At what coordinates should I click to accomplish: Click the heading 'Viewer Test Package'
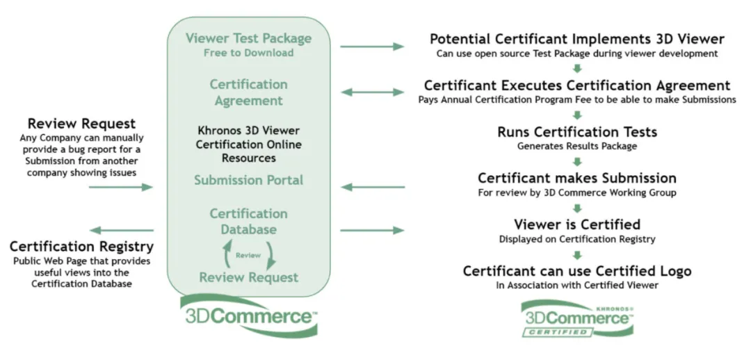248,38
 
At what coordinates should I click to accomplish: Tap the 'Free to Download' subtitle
248,53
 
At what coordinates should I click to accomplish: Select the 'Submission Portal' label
248,180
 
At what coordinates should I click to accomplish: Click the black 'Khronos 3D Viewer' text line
248,131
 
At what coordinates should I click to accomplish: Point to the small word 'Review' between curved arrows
248,255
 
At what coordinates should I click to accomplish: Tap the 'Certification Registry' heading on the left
81,247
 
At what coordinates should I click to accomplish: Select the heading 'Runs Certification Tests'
577,132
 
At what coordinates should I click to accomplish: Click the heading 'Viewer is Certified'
577,224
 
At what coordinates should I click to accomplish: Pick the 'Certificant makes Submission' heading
577,178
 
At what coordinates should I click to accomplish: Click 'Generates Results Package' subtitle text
577,147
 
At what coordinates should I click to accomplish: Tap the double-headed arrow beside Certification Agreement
372,92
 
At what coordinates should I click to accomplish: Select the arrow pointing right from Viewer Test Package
372,47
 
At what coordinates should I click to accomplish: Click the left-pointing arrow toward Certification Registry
122,230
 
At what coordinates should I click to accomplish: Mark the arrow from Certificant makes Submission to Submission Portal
372,187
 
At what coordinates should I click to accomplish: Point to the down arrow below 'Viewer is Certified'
577,255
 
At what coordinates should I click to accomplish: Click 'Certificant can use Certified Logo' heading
577,271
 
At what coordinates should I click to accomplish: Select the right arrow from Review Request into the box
122,187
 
